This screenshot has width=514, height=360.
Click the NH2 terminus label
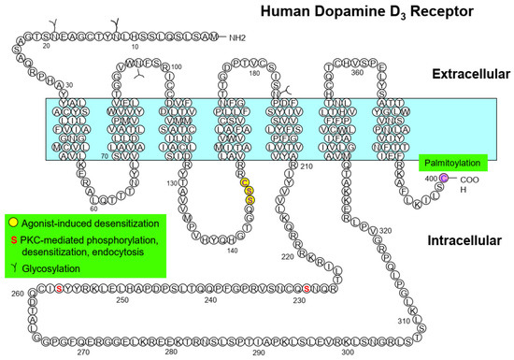[x=229, y=37]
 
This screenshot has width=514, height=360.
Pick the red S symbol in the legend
[x=12, y=240]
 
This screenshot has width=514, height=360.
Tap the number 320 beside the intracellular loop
[x=385, y=231]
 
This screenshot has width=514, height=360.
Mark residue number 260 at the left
[x=12, y=294]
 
